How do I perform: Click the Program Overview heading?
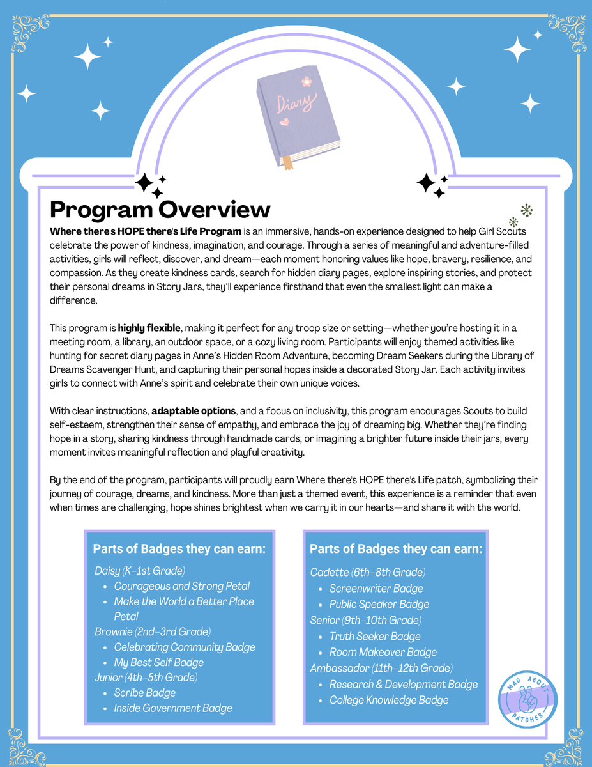[x=160, y=210]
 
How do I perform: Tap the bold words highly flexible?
[x=149, y=328]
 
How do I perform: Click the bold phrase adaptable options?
[x=194, y=410]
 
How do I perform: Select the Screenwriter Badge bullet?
[x=376, y=588]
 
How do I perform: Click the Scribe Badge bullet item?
[x=144, y=692]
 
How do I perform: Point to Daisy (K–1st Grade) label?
[x=140, y=570]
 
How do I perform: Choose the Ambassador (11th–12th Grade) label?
[x=381, y=668]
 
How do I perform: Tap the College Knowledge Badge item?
[x=389, y=700]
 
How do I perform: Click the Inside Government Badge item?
[x=172, y=708]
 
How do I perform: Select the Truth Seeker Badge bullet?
[x=375, y=636]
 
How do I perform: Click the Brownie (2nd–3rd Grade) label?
[x=153, y=631]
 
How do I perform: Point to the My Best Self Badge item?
[x=158, y=662]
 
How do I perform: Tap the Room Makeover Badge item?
[x=383, y=652]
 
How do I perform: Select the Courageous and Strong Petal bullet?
[x=181, y=585]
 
